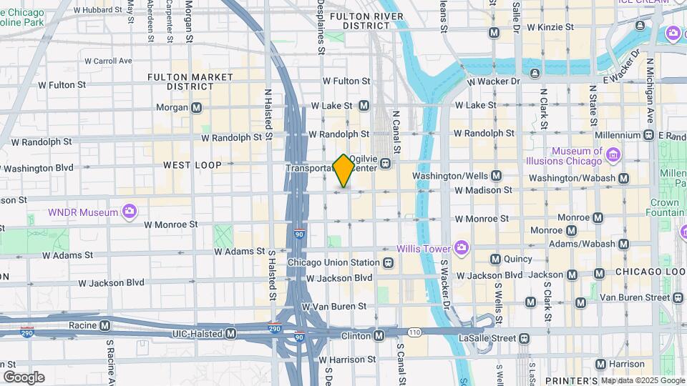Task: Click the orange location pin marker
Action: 343,171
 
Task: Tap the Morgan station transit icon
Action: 196,108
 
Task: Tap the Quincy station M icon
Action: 494,259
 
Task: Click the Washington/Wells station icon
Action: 496,175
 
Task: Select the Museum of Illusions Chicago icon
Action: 613,154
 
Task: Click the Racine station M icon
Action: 105,325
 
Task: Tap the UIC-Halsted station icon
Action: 230,334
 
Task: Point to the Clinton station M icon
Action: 379,335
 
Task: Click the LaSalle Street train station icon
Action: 525,337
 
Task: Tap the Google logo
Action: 24,377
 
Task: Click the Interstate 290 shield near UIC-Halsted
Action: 274,329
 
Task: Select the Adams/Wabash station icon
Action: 624,244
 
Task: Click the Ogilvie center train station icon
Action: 385,164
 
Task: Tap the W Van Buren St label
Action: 333,306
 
